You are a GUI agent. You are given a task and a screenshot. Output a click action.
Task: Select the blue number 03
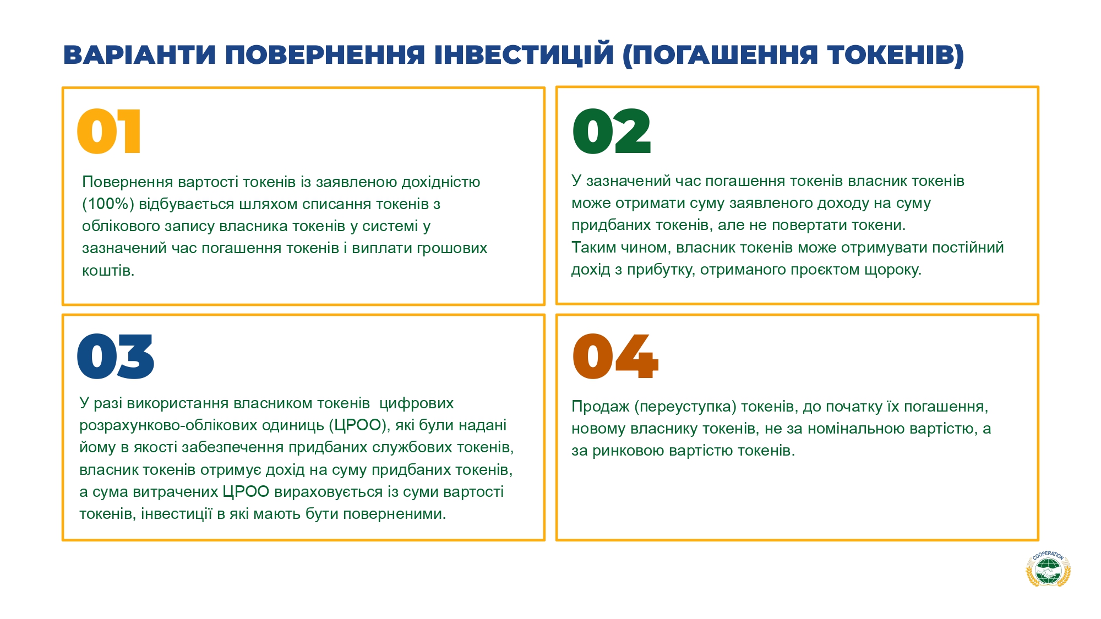(x=116, y=356)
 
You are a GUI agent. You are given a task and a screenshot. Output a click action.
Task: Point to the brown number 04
(x=615, y=356)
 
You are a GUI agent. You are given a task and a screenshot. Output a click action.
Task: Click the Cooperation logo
(x=1048, y=568)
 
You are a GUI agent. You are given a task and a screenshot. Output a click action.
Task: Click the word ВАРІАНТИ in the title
(x=139, y=55)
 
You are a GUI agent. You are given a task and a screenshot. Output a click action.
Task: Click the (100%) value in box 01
(x=108, y=204)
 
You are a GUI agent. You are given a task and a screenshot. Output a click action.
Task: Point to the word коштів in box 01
(x=108, y=270)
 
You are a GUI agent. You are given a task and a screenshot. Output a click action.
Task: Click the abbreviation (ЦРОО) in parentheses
(x=359, y=425)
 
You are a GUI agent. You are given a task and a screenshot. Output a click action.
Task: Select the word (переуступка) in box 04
(x=685, y=407)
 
